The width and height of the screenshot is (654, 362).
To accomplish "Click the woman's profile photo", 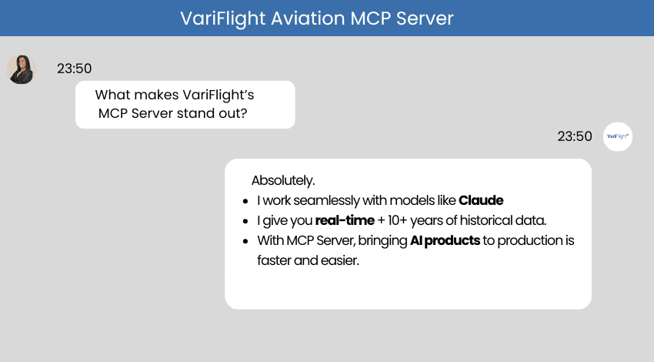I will [x=21, y=69].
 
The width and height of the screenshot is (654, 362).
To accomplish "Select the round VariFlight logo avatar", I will [x=617, y=136].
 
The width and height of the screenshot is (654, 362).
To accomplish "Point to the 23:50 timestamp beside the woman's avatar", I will [x=74, y=69].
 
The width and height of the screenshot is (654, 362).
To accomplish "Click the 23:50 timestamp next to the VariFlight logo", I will [x=575, y=136].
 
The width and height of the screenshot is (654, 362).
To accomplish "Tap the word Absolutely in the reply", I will [x=282, y=180].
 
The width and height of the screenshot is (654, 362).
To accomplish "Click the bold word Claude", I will [x=481, y=200].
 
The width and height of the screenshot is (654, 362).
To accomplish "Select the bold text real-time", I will [x=345, y=220].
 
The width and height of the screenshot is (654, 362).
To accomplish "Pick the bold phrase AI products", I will [x=445, y=240].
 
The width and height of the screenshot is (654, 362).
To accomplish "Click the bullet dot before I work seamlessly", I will [x=244, y=201].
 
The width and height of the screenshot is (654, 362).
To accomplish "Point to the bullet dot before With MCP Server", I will [x=244, y=241].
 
